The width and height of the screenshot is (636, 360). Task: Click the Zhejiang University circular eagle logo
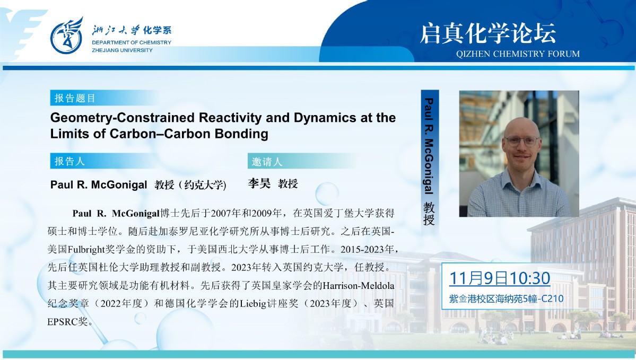[66, 36]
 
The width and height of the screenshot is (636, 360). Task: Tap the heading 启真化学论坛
[487, 33]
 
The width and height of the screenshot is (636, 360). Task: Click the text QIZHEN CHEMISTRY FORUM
[518, 54]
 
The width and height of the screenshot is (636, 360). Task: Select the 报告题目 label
[75, 98]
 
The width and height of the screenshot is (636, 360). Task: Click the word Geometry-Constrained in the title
[123, 118]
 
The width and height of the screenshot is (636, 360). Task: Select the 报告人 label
[70, 161]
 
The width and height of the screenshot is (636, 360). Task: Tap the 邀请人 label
[267, 162]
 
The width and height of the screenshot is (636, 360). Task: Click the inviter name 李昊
[259, 183]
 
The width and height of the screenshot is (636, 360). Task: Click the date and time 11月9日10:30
[500, 278]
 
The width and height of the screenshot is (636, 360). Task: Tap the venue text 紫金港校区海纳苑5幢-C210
[506, 299]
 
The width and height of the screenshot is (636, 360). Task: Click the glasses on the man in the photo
[521, 141]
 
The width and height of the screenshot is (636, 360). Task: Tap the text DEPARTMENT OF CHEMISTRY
[132, 42]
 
